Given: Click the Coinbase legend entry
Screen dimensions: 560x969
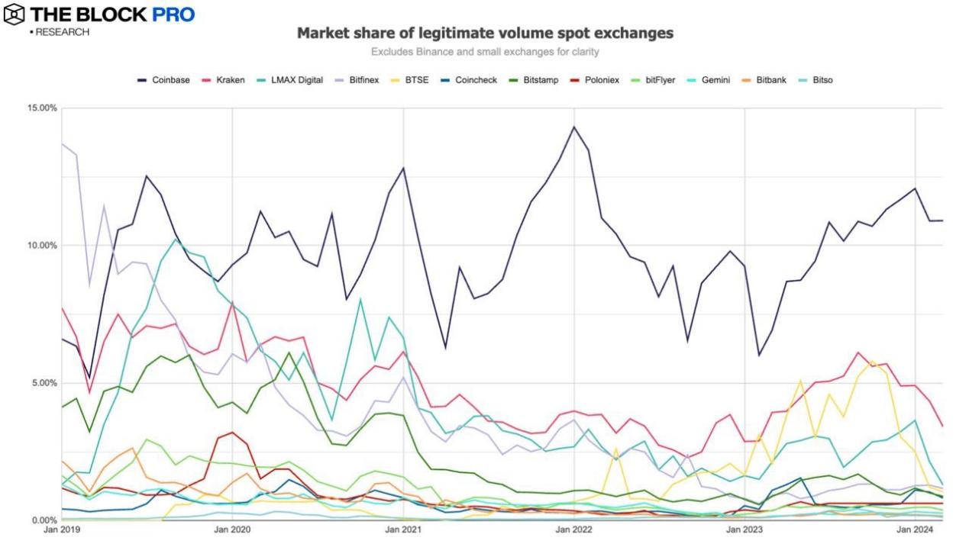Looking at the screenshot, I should pos(164,79).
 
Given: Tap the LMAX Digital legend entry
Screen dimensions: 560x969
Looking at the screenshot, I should pos(298,79).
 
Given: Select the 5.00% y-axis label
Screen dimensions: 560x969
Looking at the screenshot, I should pos(44,383).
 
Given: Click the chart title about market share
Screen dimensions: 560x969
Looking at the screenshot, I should pos(484,34).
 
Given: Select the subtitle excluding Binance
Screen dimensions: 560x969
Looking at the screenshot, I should pos(484,52).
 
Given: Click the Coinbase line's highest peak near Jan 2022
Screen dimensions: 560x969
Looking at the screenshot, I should pos(574,127).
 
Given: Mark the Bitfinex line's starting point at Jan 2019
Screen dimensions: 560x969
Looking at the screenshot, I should pos(62,143).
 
